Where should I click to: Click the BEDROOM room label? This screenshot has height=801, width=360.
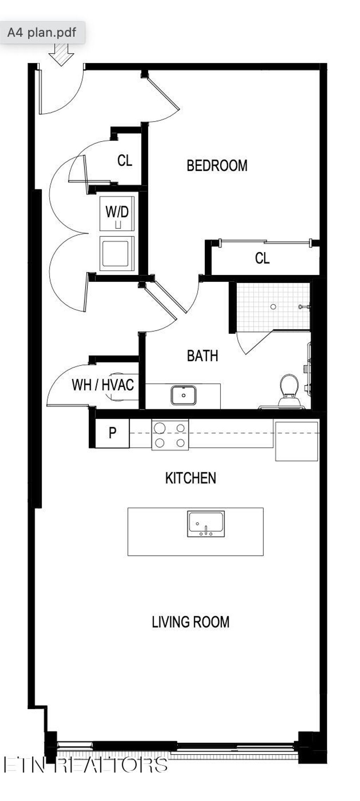[217, 166]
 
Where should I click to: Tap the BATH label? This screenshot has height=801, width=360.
[202, 356]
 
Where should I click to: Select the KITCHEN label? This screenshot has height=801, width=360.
[191, 478]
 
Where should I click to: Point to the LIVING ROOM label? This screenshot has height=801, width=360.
[191, 622]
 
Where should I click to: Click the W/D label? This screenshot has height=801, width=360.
[117, 212]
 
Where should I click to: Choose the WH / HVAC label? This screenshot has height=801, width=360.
[103, 385]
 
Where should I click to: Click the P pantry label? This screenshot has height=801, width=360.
[112, 433]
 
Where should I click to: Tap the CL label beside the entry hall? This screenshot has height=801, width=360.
[124, 161]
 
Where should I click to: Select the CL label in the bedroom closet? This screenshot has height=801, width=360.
[262, 258]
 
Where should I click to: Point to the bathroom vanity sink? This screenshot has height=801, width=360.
[184, 395]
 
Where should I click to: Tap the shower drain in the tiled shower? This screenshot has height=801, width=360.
[273, 307]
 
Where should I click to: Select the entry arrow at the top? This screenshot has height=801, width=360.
[61, 54]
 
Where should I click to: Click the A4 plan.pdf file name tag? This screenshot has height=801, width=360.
[42, 33]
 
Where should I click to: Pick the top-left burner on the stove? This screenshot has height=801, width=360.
[160, 428]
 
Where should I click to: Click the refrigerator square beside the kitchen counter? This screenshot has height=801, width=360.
[296, 441]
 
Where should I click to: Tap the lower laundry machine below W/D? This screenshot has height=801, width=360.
[117, 253]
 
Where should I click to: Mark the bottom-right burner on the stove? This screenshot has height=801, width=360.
[181, 443]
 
